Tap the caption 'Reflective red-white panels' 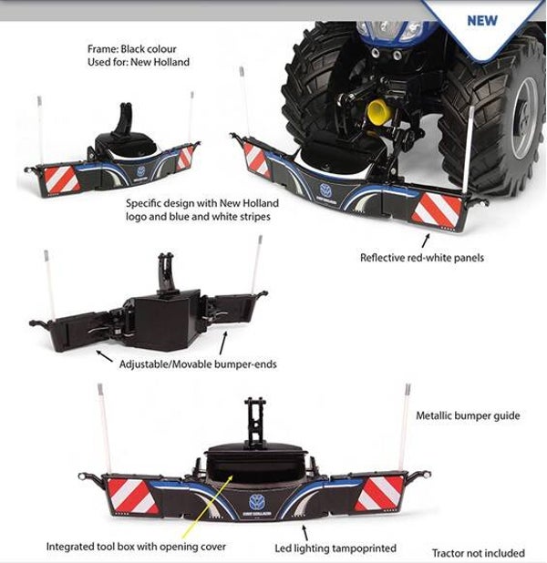tap(422, 258)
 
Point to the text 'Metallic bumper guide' tap(468, 415)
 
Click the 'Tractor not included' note tap(479, 552)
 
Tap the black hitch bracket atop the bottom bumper tap(254, 421)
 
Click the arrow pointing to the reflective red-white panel tap(425, 240)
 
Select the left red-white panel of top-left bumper tap(61, 179)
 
